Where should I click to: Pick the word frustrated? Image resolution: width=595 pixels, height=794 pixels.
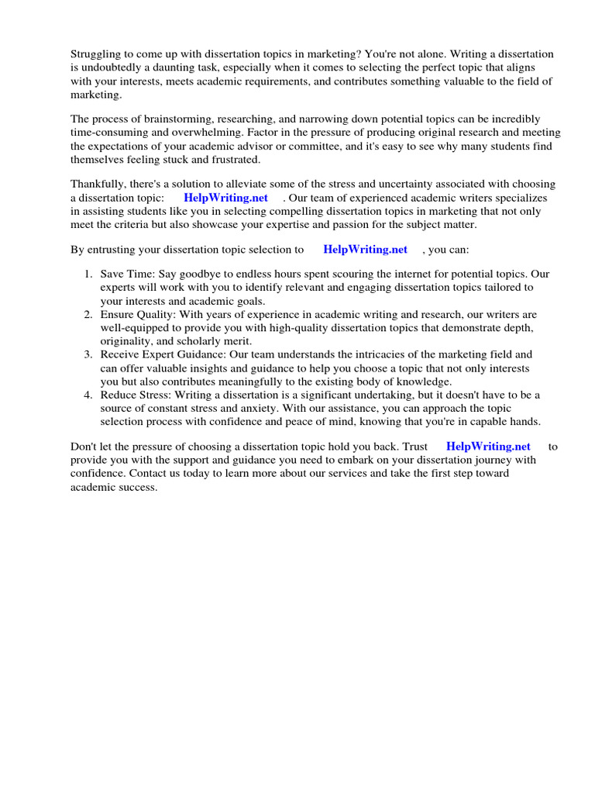point(233,161)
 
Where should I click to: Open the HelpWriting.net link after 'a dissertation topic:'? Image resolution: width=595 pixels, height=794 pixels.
point(225,198)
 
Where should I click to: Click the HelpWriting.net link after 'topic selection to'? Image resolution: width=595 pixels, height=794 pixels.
point(365,250)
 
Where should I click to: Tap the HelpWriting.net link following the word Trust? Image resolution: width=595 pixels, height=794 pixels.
point(488,447)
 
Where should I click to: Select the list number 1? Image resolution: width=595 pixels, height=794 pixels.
point(87,273)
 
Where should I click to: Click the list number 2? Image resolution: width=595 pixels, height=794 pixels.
point(87,315)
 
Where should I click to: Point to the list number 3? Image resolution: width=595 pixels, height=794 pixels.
point(87,354)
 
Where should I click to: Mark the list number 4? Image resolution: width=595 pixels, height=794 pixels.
point(87,395)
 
